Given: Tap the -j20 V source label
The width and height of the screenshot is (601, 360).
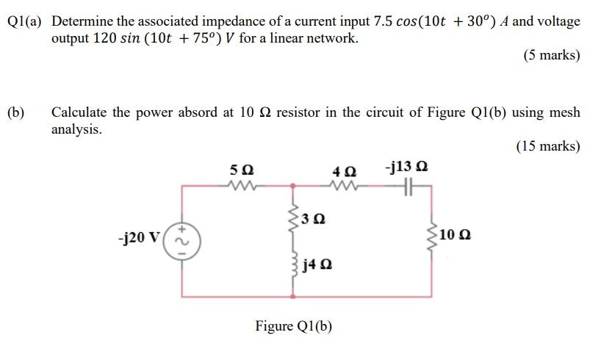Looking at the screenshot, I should [x=140, y=239].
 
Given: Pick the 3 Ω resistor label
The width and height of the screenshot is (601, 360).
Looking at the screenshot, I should [x=314, y=218].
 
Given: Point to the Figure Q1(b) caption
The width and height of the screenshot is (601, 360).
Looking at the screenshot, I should [x=293, y=325].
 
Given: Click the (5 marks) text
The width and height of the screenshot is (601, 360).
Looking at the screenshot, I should [x=551, y=55].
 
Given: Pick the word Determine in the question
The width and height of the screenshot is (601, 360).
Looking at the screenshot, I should [x=84, y=21].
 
